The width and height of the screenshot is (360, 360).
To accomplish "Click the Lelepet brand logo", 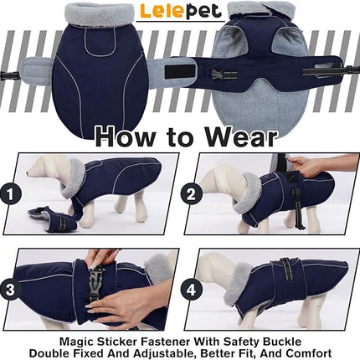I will pyautogui.click(x=179, y=12).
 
